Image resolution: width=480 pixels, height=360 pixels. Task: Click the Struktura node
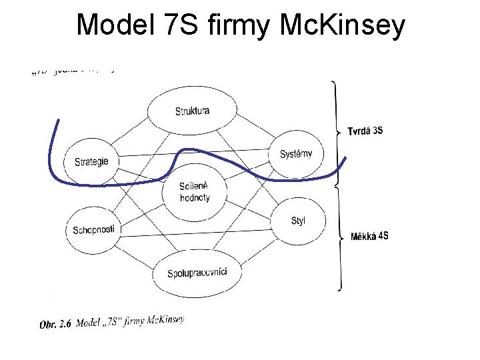click(192, 110)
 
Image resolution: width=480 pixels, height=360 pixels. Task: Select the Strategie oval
click(91, 161)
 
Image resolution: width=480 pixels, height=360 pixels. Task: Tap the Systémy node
click(295, 154)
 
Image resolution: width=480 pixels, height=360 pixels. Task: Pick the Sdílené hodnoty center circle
click(194, 191)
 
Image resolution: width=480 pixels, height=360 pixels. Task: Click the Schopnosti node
click(93, 229)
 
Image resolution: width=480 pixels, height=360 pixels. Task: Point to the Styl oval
click(297, 221)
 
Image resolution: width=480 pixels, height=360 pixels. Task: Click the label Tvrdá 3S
click(365, 131)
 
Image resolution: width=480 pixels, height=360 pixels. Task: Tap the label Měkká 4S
click(369, 236)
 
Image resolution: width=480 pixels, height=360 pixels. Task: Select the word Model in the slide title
click(115, 25)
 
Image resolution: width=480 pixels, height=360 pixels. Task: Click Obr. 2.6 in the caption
click(56, 325)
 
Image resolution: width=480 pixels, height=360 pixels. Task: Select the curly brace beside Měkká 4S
click(339, 237)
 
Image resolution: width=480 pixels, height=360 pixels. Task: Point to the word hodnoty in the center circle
click(195, 197)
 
